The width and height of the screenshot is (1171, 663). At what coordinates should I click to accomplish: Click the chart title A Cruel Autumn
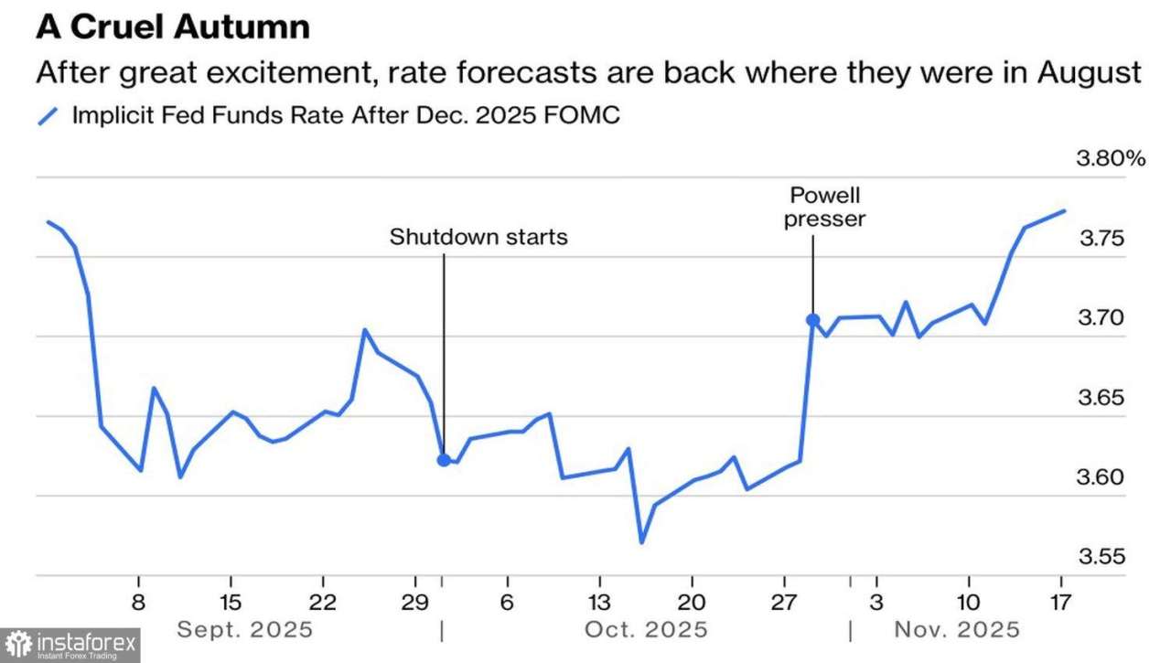(173, 27)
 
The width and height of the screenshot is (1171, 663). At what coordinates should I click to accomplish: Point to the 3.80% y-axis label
(1111, 159)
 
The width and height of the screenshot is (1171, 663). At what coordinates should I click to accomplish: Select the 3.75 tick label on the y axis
(1101, 239)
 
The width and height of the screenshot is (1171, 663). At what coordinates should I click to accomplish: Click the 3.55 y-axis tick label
(1101, 557)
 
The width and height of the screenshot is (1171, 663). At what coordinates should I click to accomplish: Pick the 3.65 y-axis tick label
(1101, 398)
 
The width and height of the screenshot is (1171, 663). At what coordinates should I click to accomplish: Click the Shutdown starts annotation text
(478, 237)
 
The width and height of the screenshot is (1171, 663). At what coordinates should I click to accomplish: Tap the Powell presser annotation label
(826, 208)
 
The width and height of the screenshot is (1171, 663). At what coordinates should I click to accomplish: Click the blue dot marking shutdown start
(444, 460)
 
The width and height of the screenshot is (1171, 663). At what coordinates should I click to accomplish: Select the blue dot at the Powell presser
(812, 320)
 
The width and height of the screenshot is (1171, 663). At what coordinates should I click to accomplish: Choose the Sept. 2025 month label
(244, 630)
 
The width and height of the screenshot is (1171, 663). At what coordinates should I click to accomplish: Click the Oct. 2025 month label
(648, 630)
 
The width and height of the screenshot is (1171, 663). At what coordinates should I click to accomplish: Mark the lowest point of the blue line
(641, 542)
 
